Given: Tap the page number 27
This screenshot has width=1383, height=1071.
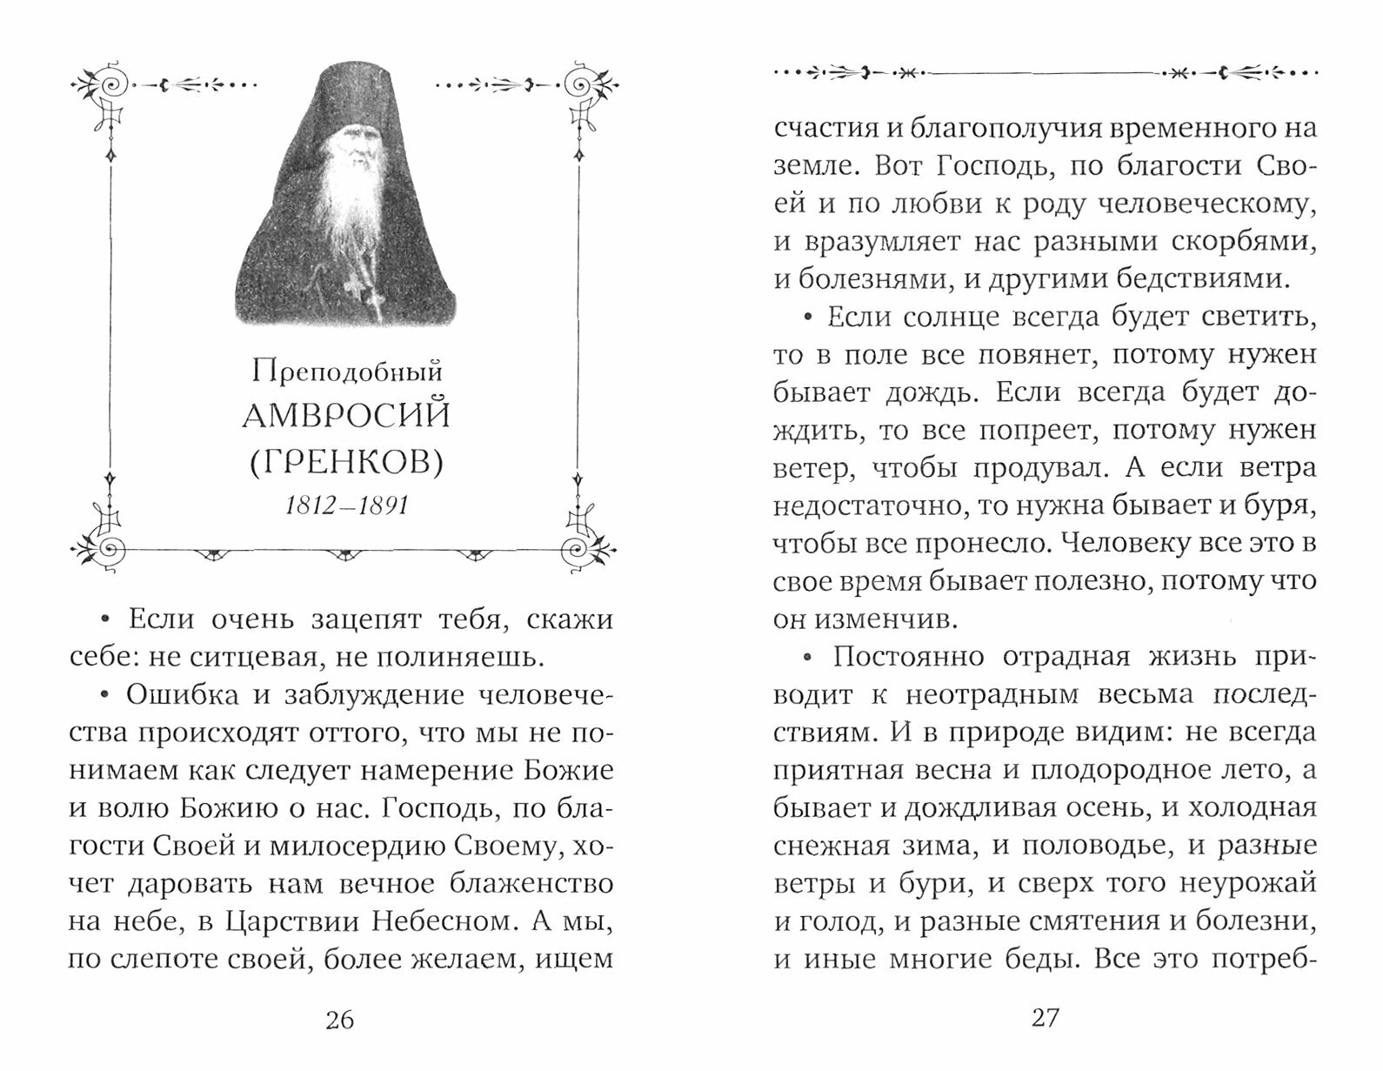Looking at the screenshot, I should pos(1045,1017).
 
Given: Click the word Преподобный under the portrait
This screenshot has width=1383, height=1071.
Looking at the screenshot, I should pos(347,372).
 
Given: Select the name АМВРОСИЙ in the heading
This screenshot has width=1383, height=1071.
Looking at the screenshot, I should pos(346,416).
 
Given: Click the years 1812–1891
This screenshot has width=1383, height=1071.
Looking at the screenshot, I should pos(347,505).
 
